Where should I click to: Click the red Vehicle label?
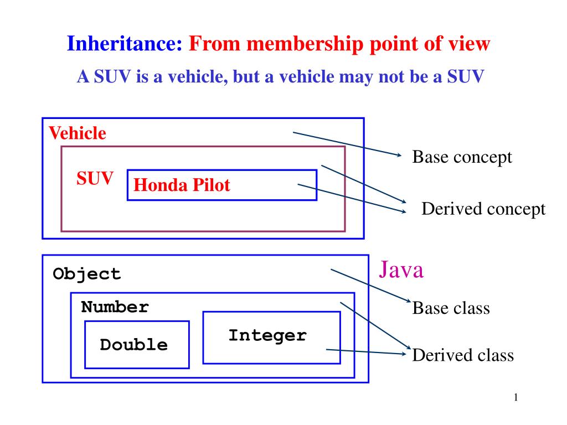(x=78, y=133)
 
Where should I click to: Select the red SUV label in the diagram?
(x=95, y=178)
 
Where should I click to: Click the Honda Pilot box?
(x=222, y=185)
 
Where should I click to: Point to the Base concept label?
(x=462, y=157)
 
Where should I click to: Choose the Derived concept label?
(x=483, y=209)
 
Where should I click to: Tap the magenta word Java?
(x=401, y=269)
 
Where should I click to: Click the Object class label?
(x=86, y=274)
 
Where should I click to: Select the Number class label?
(x=115, y=307)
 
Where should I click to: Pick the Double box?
(x=137, y=345)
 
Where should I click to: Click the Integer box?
(x=271, y=338)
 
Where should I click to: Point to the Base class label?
(x=451, y=308)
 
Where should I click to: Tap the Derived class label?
(x=463, y=355)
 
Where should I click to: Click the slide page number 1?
(x=516, y=397)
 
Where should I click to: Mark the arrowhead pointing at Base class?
(x=409, y=300)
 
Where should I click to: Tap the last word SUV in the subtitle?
(x=465, y=76)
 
